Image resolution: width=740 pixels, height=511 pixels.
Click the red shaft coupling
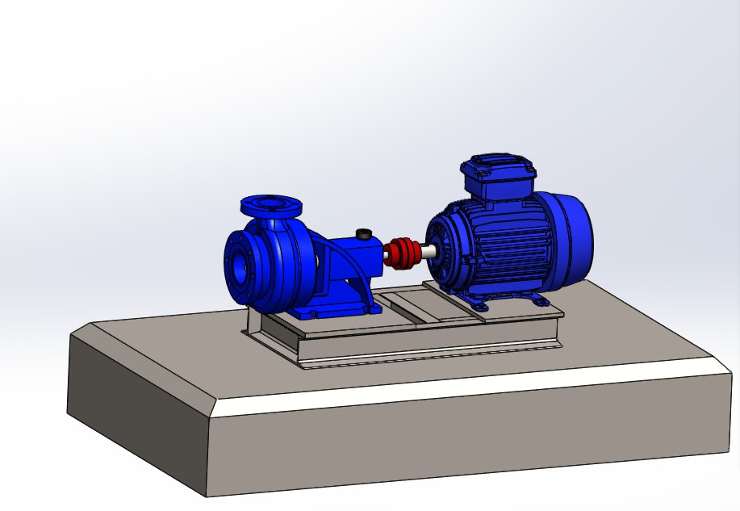pos(401,253)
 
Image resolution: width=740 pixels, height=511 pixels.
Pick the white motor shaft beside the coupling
pos(426,251)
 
